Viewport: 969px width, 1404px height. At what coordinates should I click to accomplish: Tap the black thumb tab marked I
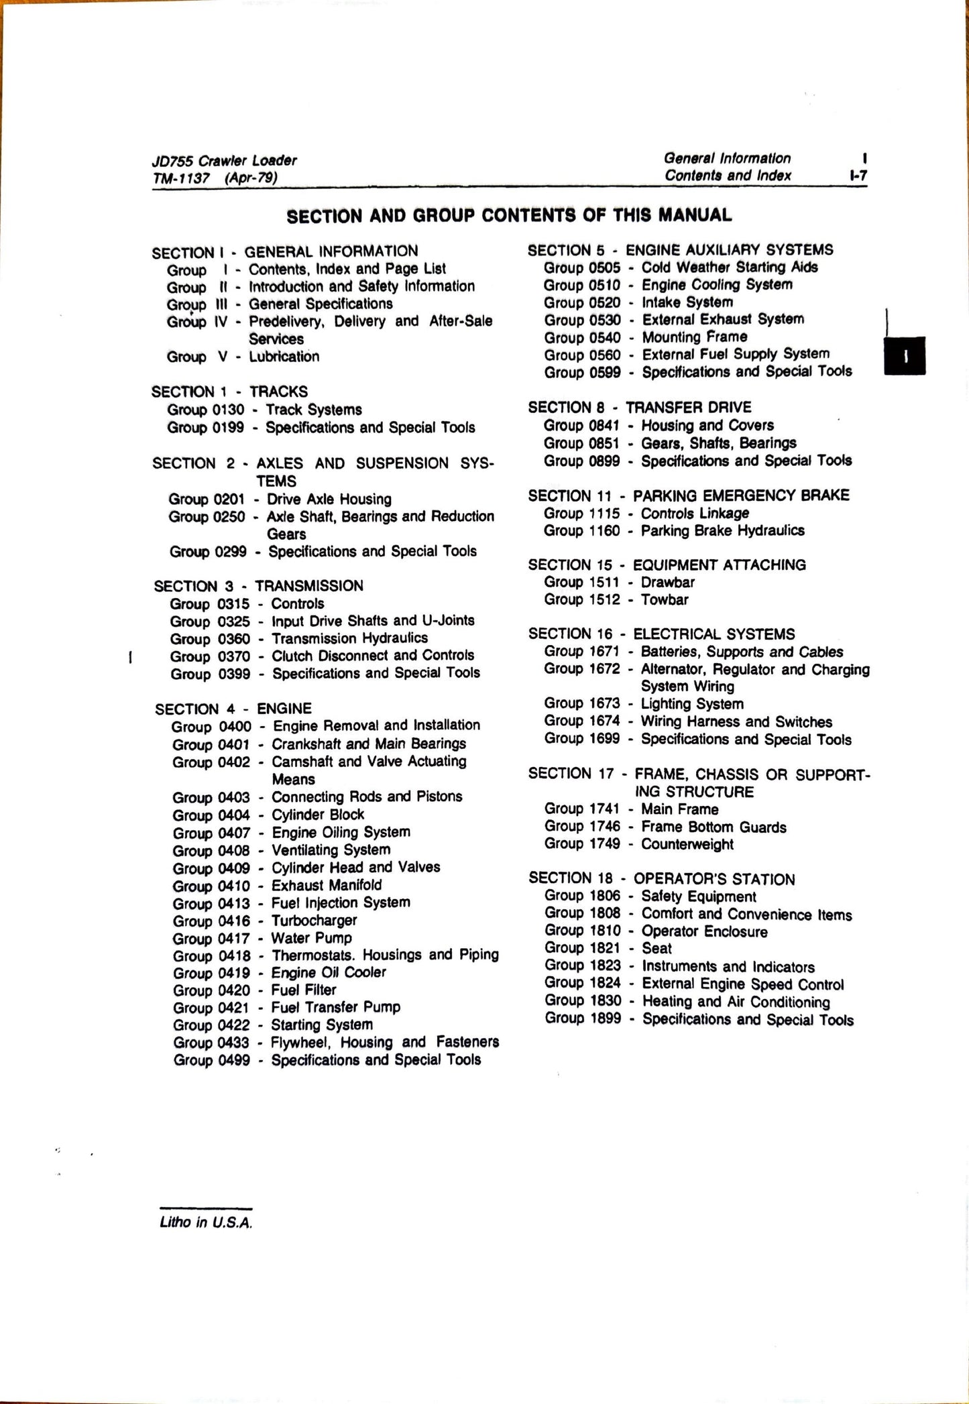pyautogui.click(x=905, y=356)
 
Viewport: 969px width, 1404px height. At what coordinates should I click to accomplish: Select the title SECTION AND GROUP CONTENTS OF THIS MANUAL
pyautogui.click(x=509, y=215)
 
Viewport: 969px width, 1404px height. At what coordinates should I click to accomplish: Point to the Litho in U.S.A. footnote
pyautogui.click(x=206, y=1222)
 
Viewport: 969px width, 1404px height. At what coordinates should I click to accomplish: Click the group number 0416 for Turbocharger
pyautogui.click(x=234, y=921)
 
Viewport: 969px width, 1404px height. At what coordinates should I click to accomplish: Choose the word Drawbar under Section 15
pyautogui.click(x=667, y=582)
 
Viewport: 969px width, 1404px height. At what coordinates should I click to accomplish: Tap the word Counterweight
pyautogui.click(x=687, y=844)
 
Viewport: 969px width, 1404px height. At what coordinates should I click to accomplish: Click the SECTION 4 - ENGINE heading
pyautogui.click(x=233, y=709)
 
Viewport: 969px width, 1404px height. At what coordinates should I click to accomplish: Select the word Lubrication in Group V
pyautogui.click(x=284, y=357)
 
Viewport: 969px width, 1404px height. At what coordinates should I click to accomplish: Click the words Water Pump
pyautogui.click(x=311, y=938)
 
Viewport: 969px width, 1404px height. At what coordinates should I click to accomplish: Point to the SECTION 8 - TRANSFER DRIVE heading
pyautogui.click(x=639, y=407)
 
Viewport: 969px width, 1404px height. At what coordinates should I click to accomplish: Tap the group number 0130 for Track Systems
pyautogui.click(x=228, y=410)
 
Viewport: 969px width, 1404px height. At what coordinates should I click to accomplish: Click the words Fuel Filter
pyautogui.click(x=303, y=990)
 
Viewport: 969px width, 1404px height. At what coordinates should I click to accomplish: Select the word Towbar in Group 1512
pyautogui.click(x=664, y=599)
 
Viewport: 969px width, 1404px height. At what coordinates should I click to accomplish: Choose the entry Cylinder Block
pyautogui.click(x=318, y=815)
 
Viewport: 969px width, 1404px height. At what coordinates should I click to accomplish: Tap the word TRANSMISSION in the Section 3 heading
pyautogui.click(x=308, y=586)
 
